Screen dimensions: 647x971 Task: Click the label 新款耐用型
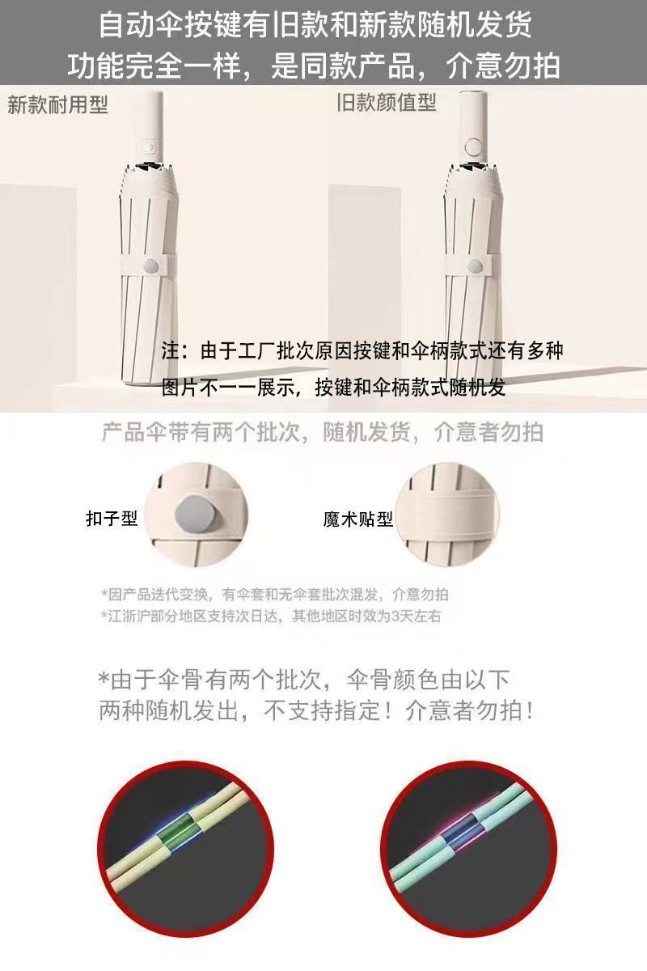click(57, 105)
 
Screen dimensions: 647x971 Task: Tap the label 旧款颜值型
click(387, 102)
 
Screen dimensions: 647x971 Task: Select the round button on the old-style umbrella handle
click(473, 146)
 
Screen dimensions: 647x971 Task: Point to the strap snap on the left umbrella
click(151, 265)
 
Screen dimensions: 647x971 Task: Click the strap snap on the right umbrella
click(476, 265)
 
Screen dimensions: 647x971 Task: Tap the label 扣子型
click(112, 518)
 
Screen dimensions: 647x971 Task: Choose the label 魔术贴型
click(358, 519)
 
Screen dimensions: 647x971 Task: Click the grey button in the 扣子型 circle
click(197, 515)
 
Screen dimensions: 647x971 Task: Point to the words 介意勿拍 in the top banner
click(503, 66)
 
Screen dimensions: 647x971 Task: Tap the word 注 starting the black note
click(171, 350)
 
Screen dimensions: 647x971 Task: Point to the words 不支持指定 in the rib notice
click(323, 711)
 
